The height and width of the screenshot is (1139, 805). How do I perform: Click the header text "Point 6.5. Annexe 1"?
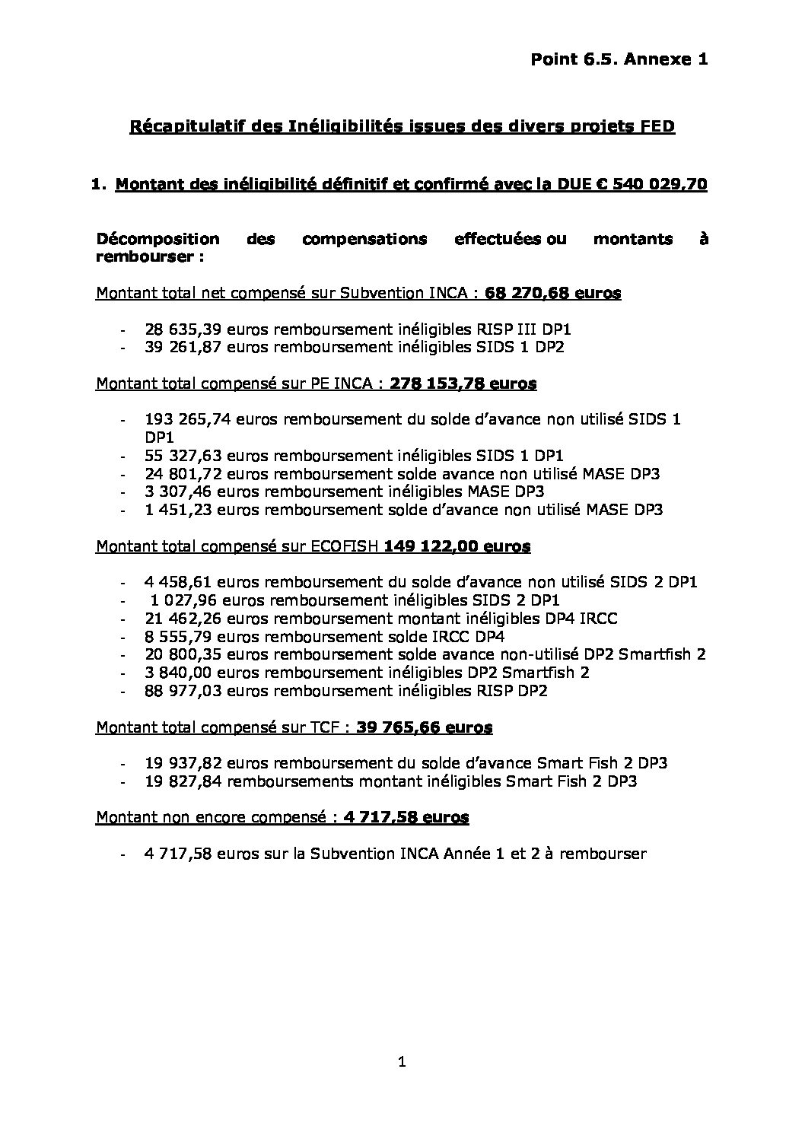click(x=619, y=59)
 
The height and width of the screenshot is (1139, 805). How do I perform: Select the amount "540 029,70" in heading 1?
click(x=662, y=184)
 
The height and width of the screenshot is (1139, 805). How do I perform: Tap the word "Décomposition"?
click(x=157, y=239)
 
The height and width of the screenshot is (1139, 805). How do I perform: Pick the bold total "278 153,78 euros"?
click(x=463, y=383)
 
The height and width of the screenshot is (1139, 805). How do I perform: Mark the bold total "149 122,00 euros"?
click(x=458, y=546)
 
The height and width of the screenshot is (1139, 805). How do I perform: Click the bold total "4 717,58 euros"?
click(x=406, y=818)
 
